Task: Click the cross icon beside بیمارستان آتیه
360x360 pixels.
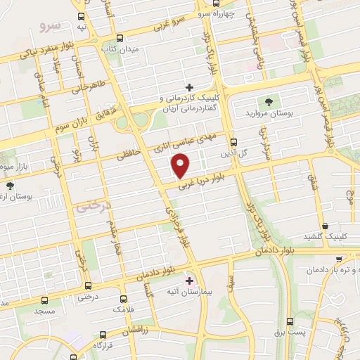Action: [188, 279]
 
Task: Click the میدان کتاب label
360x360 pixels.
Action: [120, 51]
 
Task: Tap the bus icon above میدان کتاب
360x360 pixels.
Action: [120, 39]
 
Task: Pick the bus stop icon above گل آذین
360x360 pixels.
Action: [233, 141]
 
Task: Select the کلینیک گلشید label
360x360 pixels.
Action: [330, 236]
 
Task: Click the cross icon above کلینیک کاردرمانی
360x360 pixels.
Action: [189, 87]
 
